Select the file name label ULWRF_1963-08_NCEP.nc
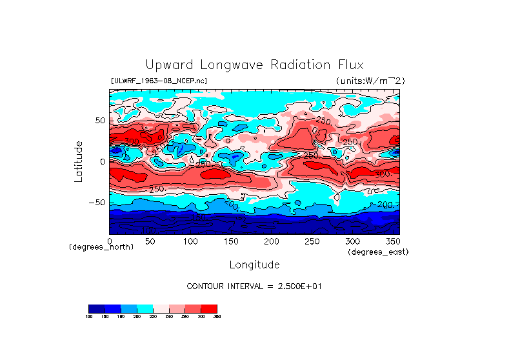(159, 81)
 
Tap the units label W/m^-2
(370, 81)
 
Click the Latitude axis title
(79, 161)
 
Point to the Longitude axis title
(254, 265)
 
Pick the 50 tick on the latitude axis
(100, 121)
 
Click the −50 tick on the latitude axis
(98, 202)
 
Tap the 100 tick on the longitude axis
(190, 241)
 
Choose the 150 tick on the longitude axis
(230, 241)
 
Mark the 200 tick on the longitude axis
(271, 241)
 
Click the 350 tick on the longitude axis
(392, 241)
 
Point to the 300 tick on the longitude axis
(352, 241)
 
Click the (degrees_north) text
(101, 247)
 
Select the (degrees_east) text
(377, 252)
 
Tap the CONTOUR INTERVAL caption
(254, 286)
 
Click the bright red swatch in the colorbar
(209, 308)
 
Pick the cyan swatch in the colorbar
(145, 308)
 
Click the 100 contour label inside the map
(148, 229)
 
